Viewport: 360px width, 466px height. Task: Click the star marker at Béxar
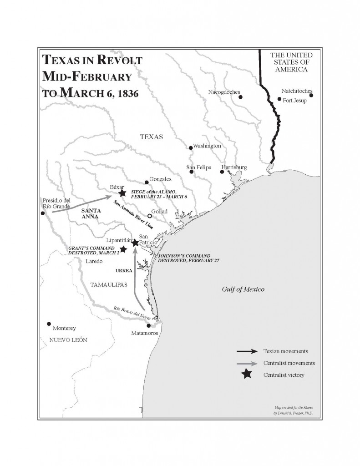(x=122, y=193)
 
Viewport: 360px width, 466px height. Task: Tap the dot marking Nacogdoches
(x=241, y=97)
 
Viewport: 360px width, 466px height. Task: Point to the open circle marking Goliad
(x=149, y=216)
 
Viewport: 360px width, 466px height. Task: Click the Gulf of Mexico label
(x=243, y=289)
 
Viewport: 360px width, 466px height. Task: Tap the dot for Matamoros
(x=148, y=325)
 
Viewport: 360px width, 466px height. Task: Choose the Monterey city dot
(x=49, y=324)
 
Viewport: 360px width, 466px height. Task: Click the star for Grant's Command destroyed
(x=122, y=249)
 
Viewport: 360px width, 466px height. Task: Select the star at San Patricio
(x=135, y=243)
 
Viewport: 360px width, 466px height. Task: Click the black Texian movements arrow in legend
(x=246, y=351)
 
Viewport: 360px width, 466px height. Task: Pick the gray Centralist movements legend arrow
(x=246, y=363)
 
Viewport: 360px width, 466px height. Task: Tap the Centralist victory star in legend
(x=246, y=375)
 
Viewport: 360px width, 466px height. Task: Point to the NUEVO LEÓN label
(x=68, y=340)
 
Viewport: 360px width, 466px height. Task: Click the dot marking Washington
(x=191, y=147)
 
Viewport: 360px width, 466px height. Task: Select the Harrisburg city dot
(x=222, y=172)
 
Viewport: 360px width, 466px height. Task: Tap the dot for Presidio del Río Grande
(x=43, y=213)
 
